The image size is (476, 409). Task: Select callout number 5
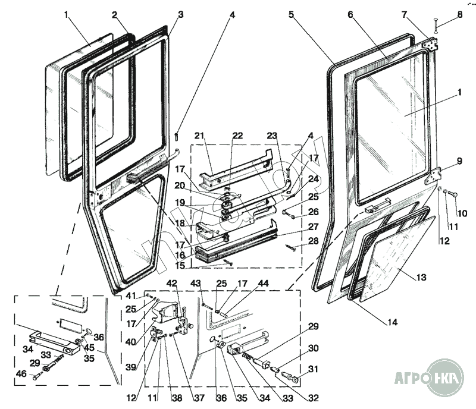[292, 14]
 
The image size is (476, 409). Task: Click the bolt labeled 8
[436, 27]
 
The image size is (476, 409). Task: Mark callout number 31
[313, 369]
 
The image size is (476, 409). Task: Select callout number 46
[23, 373]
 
